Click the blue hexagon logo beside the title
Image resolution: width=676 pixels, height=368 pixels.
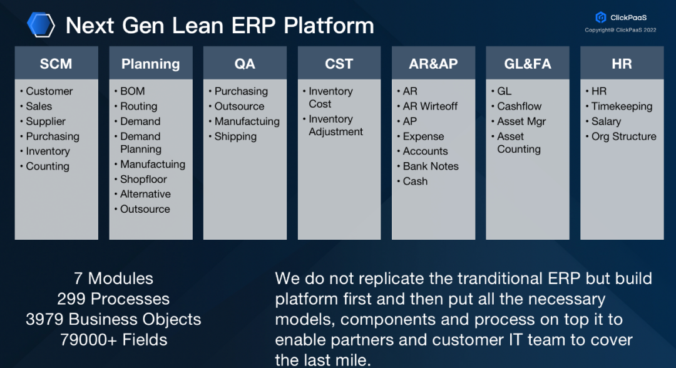[41, 25]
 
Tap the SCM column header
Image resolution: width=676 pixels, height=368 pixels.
[56, 64]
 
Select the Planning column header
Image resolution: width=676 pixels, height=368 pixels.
[150, 64]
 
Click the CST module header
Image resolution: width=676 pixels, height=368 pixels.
[339, 64]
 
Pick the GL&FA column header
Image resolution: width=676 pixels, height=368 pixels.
[527, 64]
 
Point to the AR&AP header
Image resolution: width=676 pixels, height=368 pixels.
[433, 64]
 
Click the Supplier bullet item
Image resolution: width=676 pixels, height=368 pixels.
[46, 121]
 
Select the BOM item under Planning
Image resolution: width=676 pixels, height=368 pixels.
[133, 91]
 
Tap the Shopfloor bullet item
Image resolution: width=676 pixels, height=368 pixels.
[143, 179]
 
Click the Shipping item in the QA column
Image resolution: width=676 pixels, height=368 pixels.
[235, 136]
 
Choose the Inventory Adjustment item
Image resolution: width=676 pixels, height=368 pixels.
[335, 125]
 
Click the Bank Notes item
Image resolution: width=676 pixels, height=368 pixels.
[431, 166]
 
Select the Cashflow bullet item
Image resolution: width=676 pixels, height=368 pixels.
[520, 106]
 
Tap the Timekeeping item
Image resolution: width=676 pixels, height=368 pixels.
[622, 106]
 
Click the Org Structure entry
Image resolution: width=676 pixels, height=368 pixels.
[624, 136]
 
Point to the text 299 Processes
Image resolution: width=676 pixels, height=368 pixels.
[113, 299]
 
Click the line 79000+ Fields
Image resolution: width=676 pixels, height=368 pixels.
[114, 340]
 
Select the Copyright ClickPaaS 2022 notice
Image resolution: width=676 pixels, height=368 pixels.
[620, 30]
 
